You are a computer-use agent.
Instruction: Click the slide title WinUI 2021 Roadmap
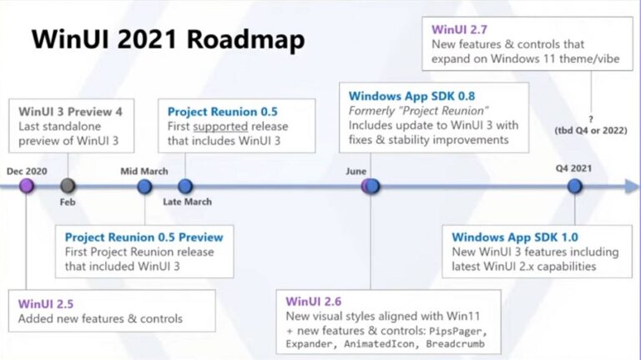168,39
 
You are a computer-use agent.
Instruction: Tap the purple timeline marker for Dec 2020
27,185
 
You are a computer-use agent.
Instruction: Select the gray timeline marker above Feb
68,185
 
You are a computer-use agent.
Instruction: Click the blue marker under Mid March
144,185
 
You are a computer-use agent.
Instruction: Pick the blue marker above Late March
185,185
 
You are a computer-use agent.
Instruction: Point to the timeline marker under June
371,185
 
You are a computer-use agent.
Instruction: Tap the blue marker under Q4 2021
574,185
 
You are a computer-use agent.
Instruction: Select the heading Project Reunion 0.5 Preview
144,236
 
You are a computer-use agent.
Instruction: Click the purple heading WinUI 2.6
314,301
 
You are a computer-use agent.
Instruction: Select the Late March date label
187,201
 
